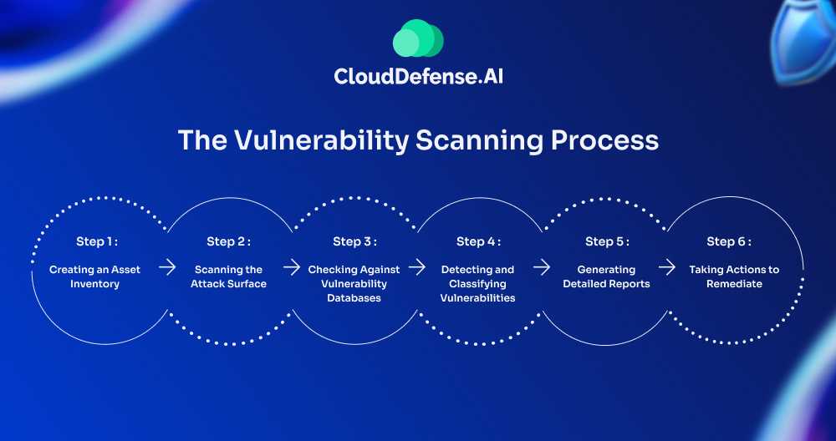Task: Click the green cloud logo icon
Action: click(418, 39)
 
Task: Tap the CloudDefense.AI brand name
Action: click(418, 77)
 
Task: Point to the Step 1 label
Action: click(97, 241)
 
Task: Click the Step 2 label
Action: click(228, 241)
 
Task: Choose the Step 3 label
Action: click(354, 241)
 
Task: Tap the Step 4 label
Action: click(478, 241)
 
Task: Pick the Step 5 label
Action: click(607, 241)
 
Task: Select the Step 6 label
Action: click(729, 241)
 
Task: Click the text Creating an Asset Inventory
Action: click(97, 276)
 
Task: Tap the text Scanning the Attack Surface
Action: click(228, 276)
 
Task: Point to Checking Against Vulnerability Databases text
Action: click(354, 283)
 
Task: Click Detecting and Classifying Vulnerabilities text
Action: click(478, 283)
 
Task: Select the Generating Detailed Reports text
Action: click(607, 276)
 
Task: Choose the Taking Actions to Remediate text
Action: click(734, 276)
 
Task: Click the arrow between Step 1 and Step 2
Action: click(167, 267)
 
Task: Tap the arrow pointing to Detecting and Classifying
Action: click(416, 267)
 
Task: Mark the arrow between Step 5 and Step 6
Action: click(666, 267)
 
